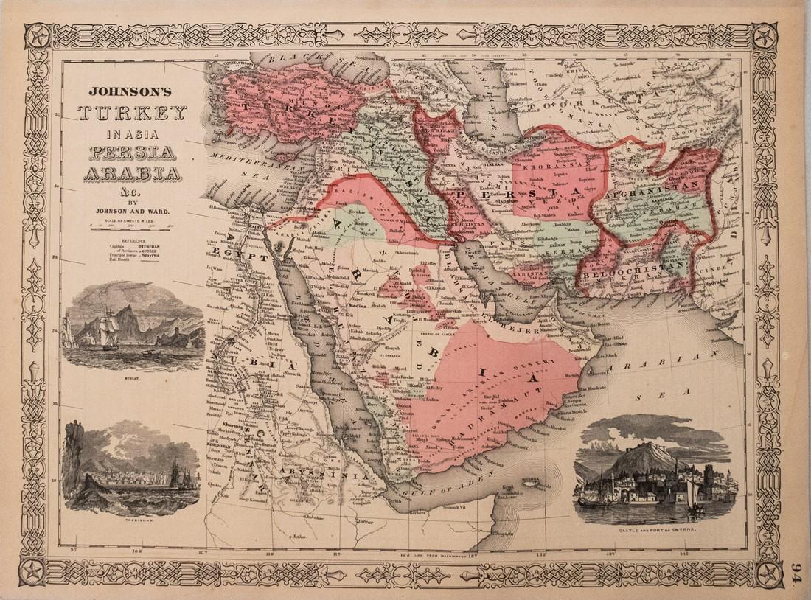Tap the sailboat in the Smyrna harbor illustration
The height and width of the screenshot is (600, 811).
694,499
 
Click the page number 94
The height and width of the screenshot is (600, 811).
797,572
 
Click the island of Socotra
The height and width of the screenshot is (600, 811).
536,481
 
